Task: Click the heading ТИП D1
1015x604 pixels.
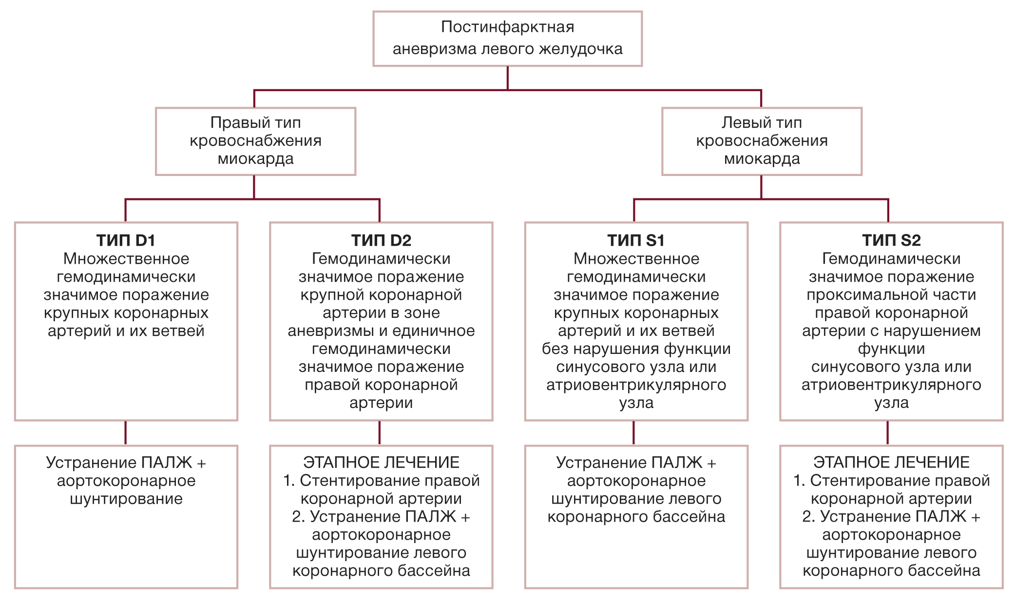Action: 126,240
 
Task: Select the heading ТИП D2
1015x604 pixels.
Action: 381,240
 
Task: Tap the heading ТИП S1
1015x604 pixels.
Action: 636,240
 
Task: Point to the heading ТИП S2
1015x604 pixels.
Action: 891,240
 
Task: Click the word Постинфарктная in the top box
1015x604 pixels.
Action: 507,27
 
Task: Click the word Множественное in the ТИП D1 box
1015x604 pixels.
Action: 126,258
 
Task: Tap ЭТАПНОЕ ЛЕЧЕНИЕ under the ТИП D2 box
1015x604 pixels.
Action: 381,462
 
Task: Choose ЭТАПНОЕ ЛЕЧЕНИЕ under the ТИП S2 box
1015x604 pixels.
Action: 891,462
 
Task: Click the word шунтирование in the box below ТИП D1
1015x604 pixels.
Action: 126,499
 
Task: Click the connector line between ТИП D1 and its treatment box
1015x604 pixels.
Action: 126,432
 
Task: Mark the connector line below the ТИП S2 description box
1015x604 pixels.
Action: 887,432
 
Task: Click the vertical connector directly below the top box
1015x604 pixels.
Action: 508,78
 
